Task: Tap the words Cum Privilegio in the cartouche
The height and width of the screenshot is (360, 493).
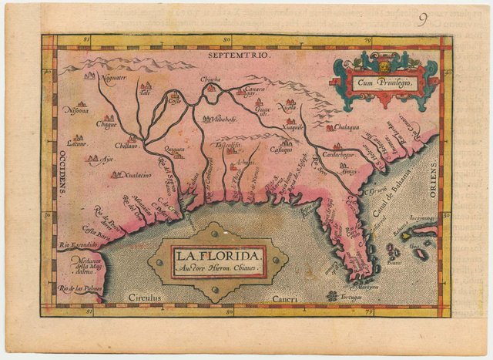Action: coord(383,80)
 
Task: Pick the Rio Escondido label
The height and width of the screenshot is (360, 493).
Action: coord(78,245)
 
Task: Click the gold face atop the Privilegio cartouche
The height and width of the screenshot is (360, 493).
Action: coord(383,56)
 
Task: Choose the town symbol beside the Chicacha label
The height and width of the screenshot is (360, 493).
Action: coord(210,89)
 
